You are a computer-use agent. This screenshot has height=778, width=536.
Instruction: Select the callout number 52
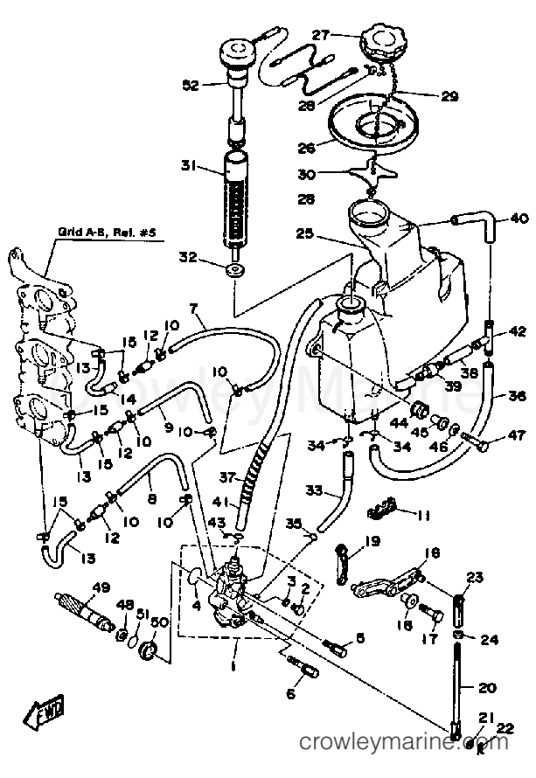click(191, 85)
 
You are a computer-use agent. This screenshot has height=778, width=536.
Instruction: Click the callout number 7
click(193, 308)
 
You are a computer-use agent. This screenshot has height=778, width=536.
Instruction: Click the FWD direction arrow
click(43, 717)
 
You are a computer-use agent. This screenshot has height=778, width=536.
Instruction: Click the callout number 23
click(475, 576)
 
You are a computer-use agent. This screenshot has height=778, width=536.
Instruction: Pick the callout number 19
click(373, 541)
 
